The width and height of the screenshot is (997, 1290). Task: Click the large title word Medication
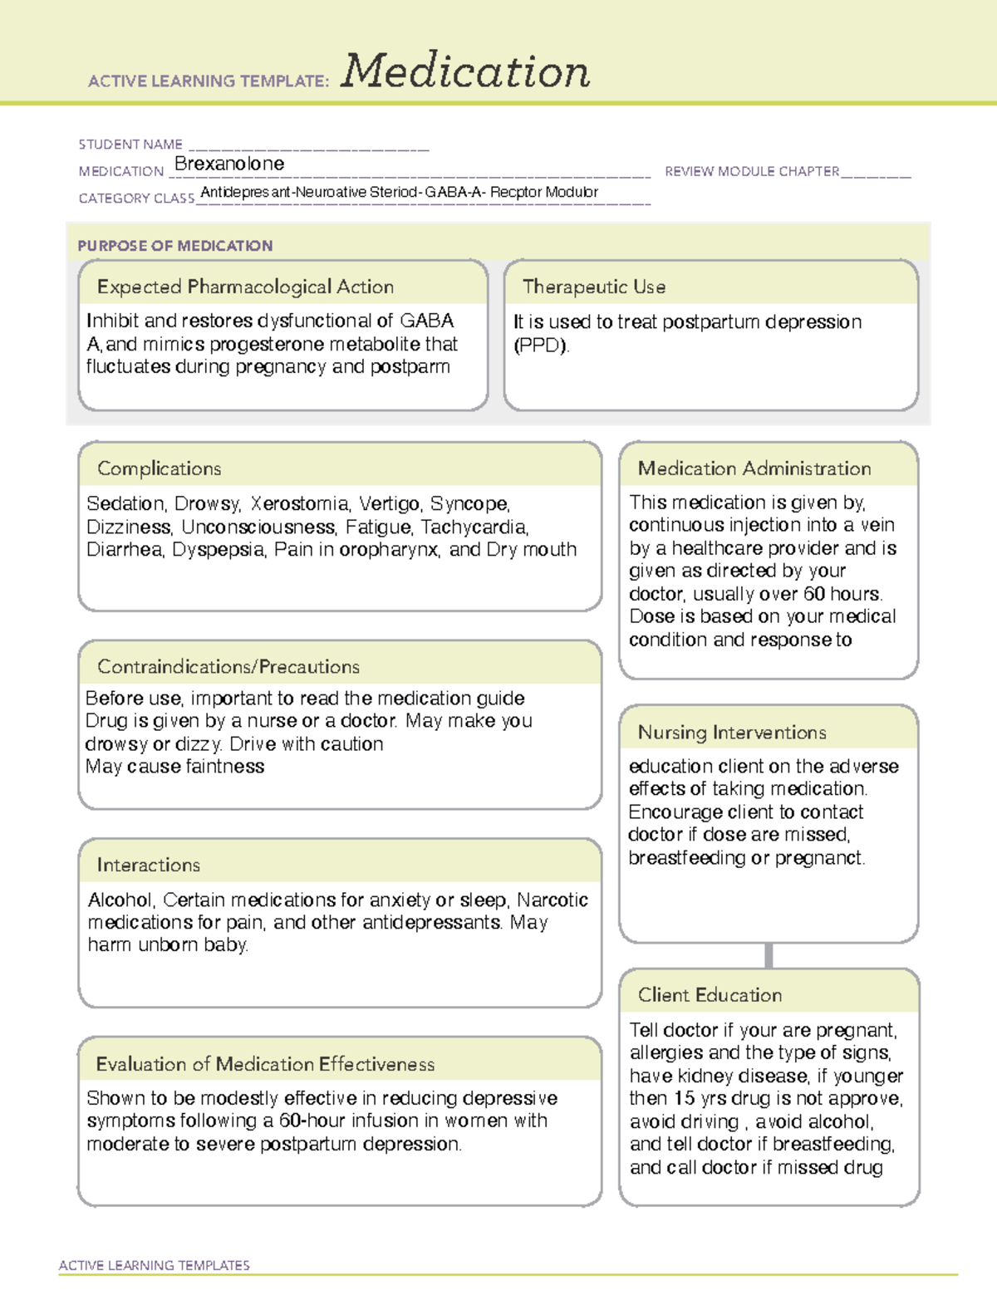(x=465, y=71)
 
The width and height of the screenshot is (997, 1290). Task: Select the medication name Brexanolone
(x=229, y=164)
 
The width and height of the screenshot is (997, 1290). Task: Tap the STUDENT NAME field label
(x=130, y=145)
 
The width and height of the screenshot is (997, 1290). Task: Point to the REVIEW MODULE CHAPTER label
(x=752, y=172)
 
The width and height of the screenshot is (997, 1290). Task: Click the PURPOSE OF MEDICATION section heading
(x=175, y=246)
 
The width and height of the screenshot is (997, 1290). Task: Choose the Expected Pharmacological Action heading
(x=245, y=287)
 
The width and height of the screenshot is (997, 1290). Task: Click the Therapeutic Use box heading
(x=594, y=287)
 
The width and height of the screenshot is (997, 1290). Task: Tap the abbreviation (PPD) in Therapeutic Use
(x=541, y=346)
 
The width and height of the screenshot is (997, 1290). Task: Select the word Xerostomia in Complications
(x=300, y=504)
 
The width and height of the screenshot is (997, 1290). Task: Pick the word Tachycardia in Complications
(x=474, y=527)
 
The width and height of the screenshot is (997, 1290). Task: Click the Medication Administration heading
(x=754, y=469)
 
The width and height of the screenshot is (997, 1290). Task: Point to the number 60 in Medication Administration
(x=814, y=595)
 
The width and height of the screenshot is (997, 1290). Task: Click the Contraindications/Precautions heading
(x=228, y=667)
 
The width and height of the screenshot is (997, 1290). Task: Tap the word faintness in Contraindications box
(x=225, y=767)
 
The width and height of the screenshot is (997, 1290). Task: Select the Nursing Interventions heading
(x=732, y=733)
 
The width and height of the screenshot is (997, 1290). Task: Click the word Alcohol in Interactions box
(x=121, y=900)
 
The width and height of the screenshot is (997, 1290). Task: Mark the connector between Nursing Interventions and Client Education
(x=769, y=955)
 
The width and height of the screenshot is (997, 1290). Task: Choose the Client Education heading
(x=710, y=995)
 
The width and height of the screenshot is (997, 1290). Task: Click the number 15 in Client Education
(x=684, y=1099)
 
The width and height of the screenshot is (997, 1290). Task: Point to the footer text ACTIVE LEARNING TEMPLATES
(x=155, y=1265)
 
